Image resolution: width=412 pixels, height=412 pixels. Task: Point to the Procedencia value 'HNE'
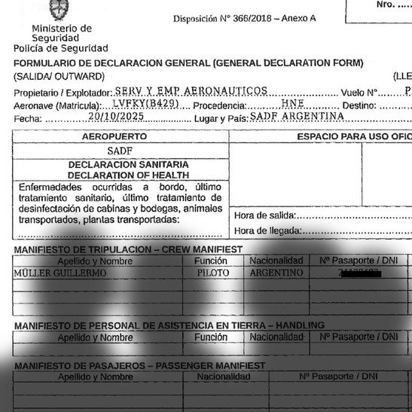pyautogui.click(x=291, y=104)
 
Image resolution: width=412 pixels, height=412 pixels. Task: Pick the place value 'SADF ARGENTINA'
pyautogui.click(x=297, y=117)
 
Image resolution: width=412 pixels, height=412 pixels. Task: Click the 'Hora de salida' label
pyautogui.click(x=264, y=215)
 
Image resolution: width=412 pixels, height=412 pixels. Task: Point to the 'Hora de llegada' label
pyautogui.click(x=267, y=230)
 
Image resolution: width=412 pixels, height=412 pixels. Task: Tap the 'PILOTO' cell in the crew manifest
pyautogui.click(x=213, y=273)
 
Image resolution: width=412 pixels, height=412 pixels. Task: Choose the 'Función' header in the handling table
pyautogui.click(x=210, y=337)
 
